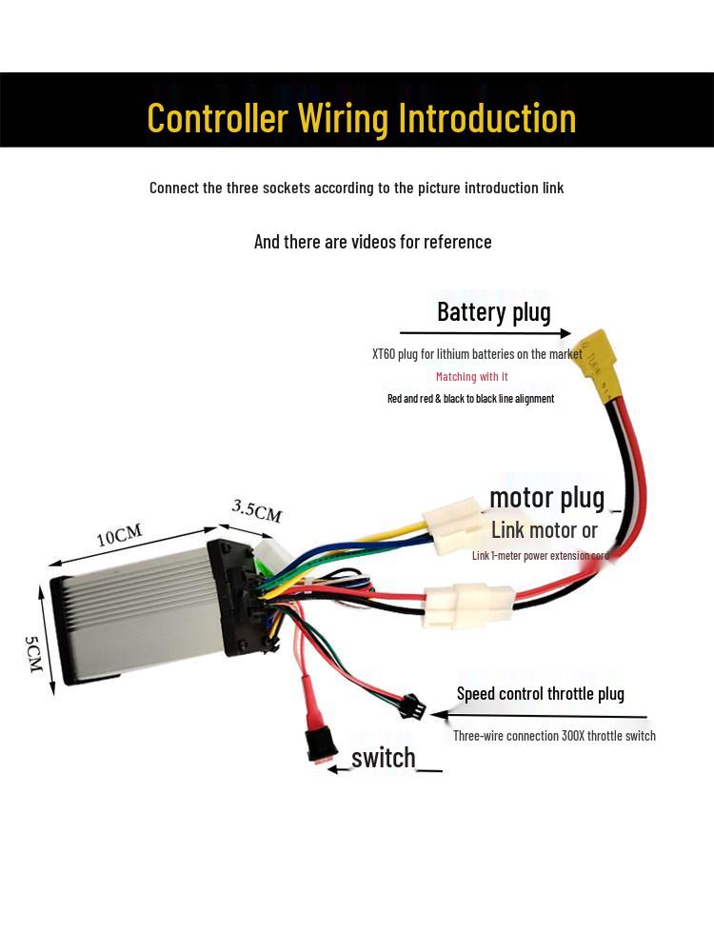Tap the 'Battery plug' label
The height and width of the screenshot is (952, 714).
(493, 311)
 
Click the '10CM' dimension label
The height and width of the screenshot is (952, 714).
(121, 536)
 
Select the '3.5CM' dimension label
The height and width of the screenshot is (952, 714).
(257, 511)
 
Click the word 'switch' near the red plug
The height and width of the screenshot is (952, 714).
(384, 758)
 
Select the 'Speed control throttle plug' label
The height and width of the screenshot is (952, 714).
(540, 693)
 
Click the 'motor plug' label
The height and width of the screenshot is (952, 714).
(546, 497)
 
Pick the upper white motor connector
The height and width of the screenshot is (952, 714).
(458, 527)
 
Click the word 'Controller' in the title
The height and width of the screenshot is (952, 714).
(217, 118)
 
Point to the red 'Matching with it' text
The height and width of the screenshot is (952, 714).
(471, 377)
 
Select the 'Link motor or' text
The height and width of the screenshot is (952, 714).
(544, 530)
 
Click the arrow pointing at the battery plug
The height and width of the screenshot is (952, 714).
(485, 333)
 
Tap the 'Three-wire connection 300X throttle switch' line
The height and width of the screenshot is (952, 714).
(554, 735)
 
